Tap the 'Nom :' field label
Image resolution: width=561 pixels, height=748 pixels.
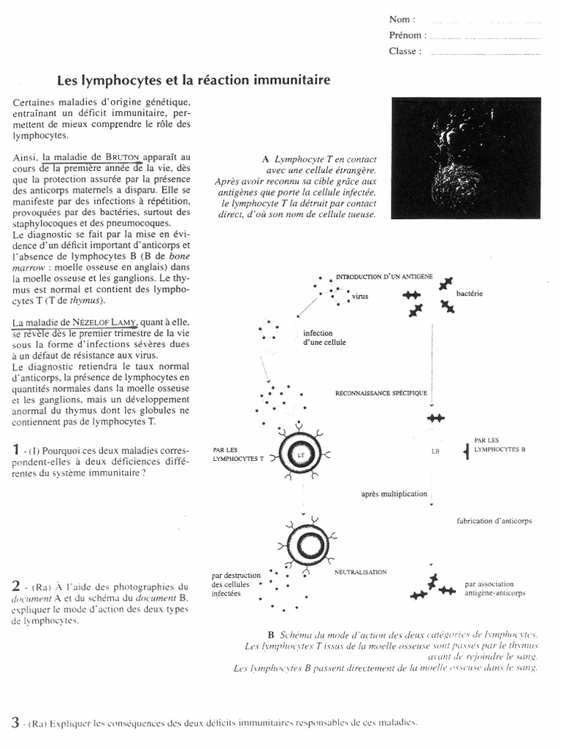[402, 19]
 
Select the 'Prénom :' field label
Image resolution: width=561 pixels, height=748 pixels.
[407, 35]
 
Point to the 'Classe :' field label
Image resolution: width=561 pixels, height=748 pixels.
[405, 51]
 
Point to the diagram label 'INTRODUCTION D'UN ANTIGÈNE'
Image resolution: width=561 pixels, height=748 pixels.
[384, 278]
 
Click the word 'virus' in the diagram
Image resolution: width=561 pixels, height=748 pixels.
[360, 298]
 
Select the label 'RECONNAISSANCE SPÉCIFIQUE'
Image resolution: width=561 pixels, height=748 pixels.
[381, 393]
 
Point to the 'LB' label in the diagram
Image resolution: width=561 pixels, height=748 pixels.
[436, 451]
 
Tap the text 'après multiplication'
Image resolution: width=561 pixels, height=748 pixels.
[394, 494]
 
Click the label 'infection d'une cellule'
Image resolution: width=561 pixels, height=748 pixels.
[324, 337]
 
